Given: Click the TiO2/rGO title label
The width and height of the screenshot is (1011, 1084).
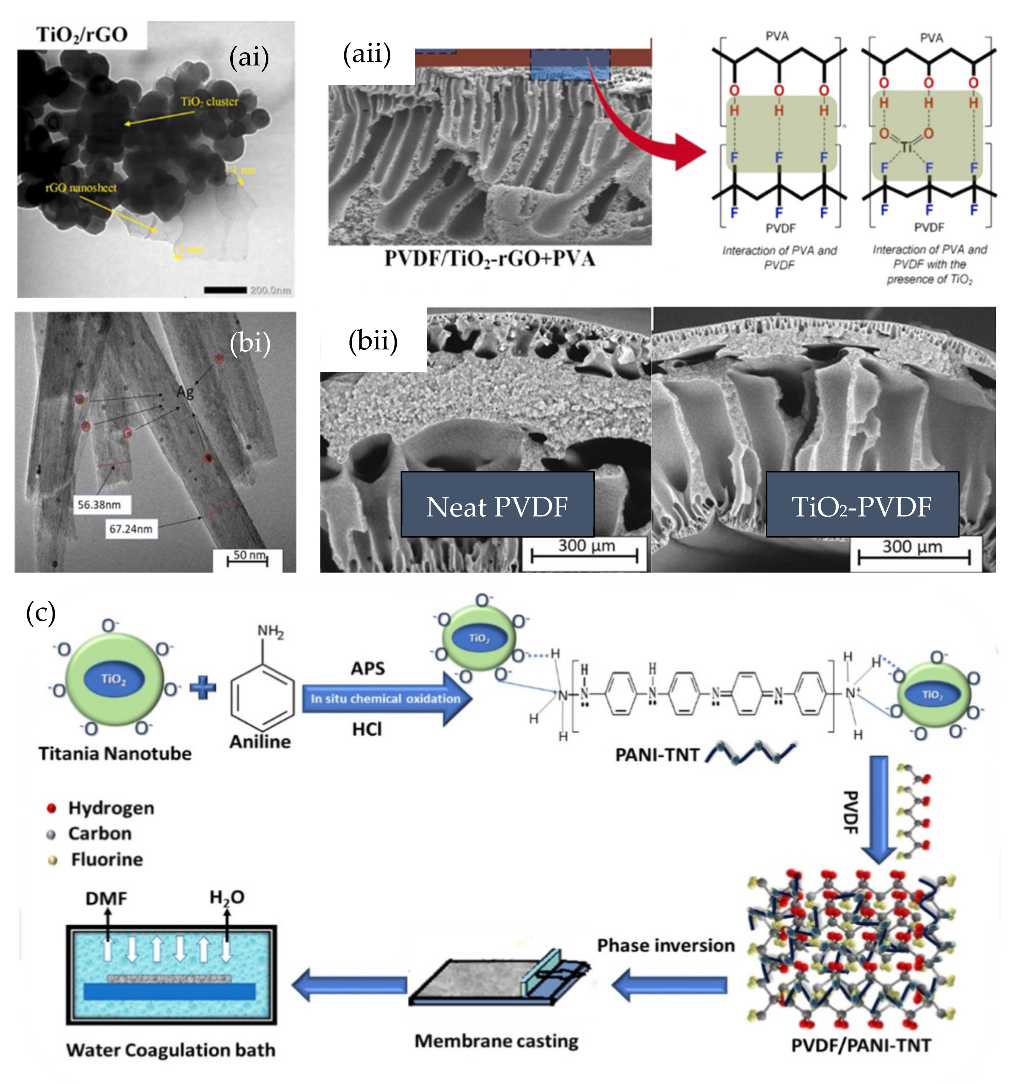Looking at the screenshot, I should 82,35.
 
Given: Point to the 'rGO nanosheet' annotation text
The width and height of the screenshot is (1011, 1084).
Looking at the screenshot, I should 81,188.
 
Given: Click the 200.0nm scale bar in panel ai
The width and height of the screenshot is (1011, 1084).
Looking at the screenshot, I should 225,289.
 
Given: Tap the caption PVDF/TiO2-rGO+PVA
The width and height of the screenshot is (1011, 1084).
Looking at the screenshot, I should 489,258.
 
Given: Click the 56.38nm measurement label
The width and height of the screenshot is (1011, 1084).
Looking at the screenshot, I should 99,505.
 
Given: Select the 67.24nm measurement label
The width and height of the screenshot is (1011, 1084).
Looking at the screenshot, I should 131,528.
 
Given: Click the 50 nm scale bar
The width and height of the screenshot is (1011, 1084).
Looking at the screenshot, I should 248,559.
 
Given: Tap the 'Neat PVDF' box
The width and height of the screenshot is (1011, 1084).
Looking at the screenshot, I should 497,506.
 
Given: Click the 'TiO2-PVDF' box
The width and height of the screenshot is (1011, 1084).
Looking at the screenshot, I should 862,506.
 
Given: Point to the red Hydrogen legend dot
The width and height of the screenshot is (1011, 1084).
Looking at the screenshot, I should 52,808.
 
